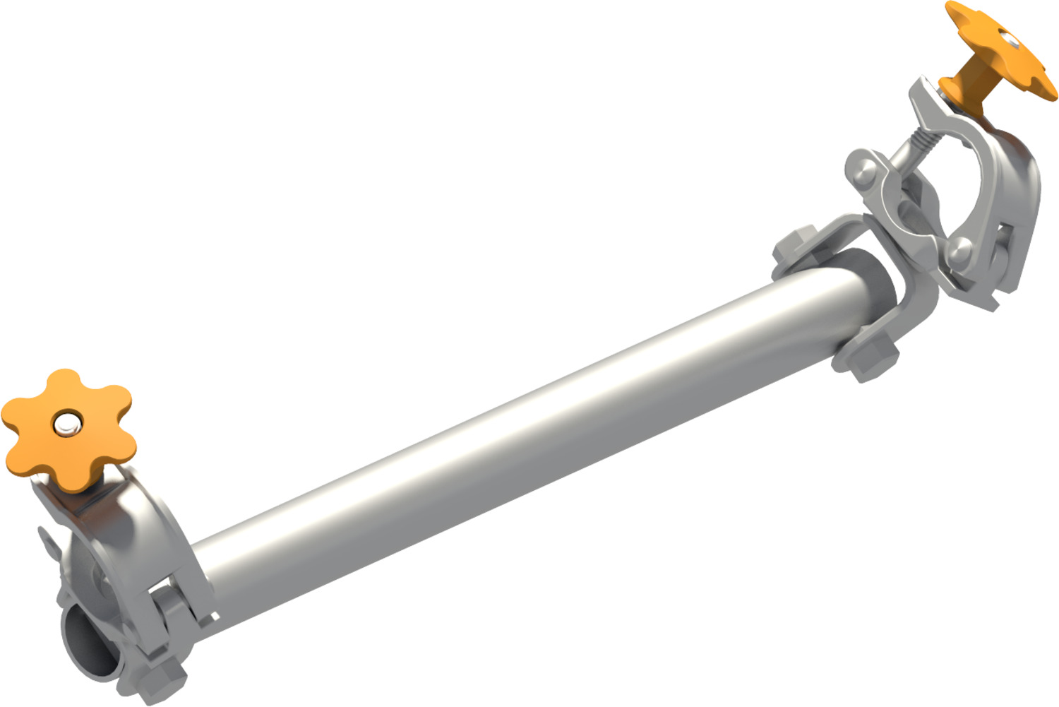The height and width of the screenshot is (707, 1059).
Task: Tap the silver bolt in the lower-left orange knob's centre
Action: click(x=68, y=424)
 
